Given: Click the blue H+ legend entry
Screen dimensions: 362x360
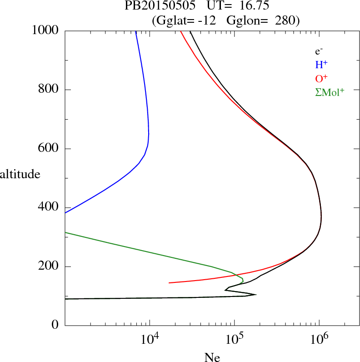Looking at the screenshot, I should coord(322,65).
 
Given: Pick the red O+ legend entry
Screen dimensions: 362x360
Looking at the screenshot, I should coord(322,78).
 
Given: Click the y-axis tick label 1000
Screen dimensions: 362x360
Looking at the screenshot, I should coord(46,30).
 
